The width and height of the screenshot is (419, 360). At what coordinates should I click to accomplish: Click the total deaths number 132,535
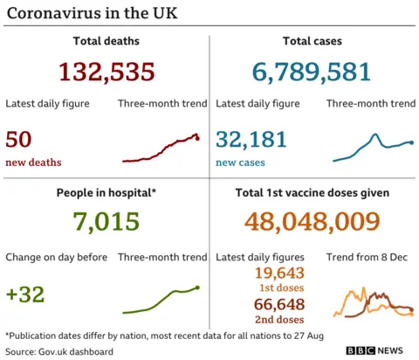pos(107,73)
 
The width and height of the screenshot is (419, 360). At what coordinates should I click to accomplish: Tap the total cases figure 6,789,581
pos(313,73)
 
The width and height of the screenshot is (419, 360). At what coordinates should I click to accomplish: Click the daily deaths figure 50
pos(19,139)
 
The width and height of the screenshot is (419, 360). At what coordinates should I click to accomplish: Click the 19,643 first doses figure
pos(278,274)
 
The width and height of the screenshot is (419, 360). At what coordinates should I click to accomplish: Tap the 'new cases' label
pos(240,163)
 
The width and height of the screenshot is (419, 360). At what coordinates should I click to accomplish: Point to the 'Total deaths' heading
pos(106,41)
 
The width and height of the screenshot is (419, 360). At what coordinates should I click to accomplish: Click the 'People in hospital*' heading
pos(106,192)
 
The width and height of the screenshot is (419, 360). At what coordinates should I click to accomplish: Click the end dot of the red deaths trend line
pos(198,138)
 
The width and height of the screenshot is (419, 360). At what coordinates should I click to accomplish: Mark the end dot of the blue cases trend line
pos(411,142)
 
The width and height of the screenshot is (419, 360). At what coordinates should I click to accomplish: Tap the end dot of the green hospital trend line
pos(198,287)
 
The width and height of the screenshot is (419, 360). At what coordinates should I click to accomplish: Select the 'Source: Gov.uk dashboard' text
pos(59,351)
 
